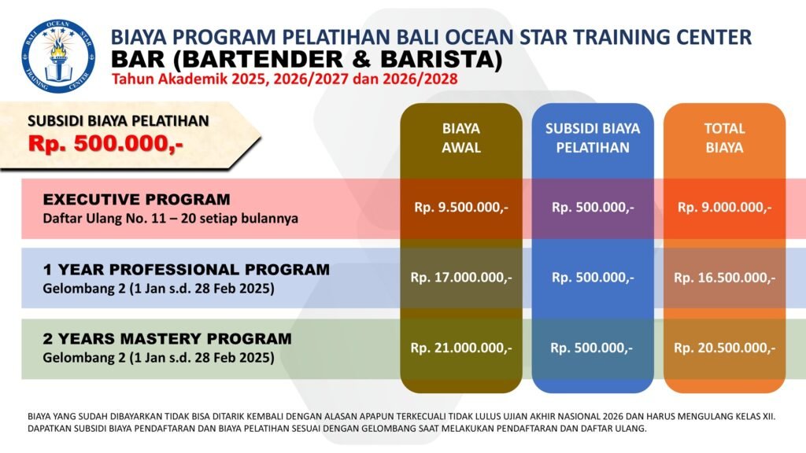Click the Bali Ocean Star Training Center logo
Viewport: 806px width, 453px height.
[58, 56]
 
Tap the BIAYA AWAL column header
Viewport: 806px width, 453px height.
[461, 138]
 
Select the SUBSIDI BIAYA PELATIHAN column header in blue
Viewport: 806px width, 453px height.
[593, 138]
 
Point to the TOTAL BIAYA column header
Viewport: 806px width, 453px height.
[724, 138]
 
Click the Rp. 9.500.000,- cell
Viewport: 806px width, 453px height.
[461, 208]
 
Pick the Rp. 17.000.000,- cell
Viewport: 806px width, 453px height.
[461, 278]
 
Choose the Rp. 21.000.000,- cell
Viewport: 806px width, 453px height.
[461, 348]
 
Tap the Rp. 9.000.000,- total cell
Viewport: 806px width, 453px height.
[724, 208]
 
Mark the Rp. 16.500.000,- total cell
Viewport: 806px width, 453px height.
[724, 278]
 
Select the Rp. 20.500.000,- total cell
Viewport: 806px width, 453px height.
[724, 348]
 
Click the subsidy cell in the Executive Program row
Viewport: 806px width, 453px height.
[593, 208]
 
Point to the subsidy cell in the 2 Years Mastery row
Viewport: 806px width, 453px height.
[592, 348]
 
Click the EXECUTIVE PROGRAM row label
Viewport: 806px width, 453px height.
[136, 199]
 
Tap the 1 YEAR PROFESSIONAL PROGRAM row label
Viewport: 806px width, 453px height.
[186, 270]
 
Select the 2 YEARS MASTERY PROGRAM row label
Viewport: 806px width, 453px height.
[167, 339]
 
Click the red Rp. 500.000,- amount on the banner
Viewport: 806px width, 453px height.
[105, 144]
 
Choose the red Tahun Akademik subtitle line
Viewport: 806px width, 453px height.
[285, 79]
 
